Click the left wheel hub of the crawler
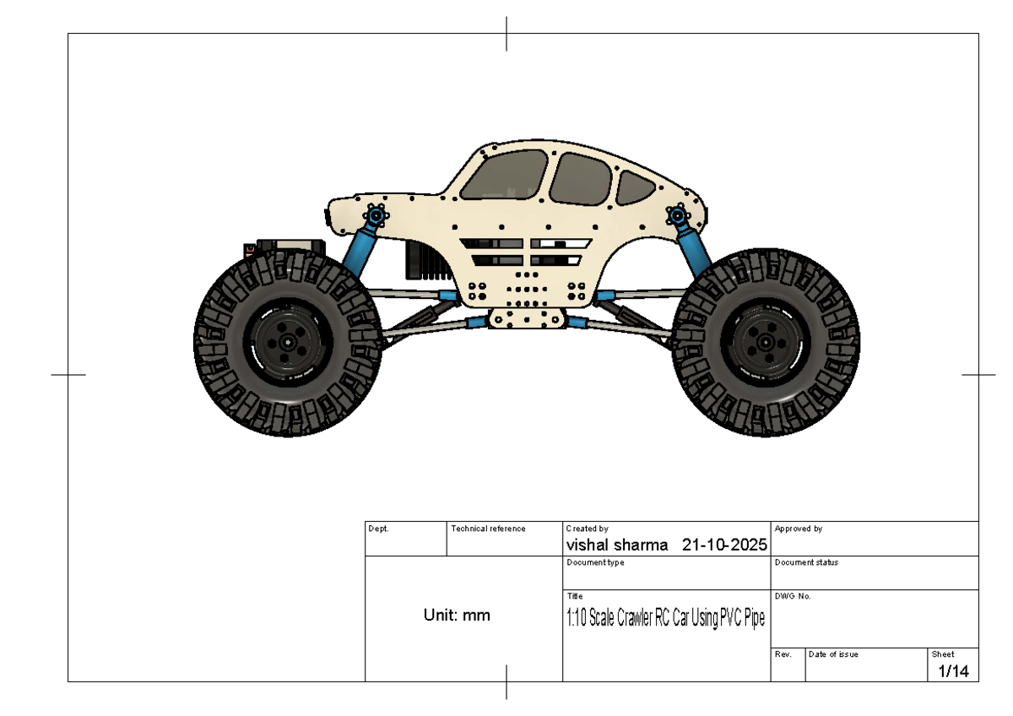pos(288,343)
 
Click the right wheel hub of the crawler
pos(765,343)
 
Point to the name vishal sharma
pos(617,545)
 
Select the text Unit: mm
pos(457,616)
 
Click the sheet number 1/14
pos(953,671)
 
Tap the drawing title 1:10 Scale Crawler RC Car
pos(665,619)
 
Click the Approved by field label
pos(798,529)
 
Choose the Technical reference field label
pos(488,529)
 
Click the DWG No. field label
pos(792,596)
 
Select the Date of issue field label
pos(833,654)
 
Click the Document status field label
pos(806,562)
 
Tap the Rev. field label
pos(783,654)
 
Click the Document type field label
pos(595,562)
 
